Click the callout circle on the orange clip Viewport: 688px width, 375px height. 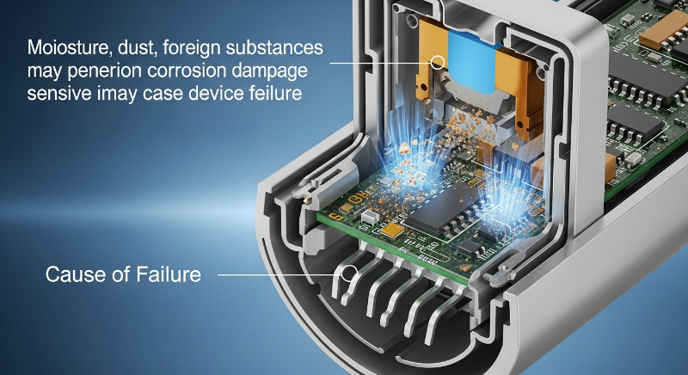(437, 62)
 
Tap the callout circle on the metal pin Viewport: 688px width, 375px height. (349, 274)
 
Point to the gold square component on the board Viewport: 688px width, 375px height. (392, 230)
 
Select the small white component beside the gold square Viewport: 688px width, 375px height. (370, 216)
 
